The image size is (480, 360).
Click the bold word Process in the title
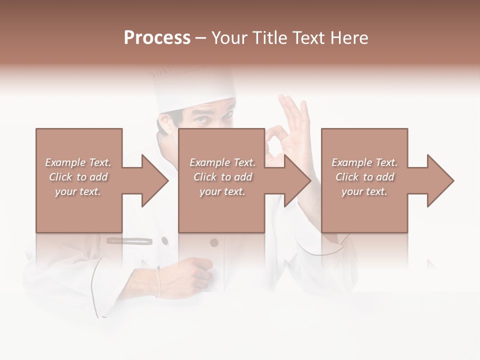point(157,38)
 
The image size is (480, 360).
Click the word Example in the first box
point(65,162)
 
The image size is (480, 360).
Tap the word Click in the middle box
point(204,177)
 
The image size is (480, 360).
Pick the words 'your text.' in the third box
point(364,191)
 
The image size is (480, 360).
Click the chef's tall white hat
point(195,90)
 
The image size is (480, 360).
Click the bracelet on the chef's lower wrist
point(159,281)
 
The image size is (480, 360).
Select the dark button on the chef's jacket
point(214,243)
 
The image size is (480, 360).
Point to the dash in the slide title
point(201,38)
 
